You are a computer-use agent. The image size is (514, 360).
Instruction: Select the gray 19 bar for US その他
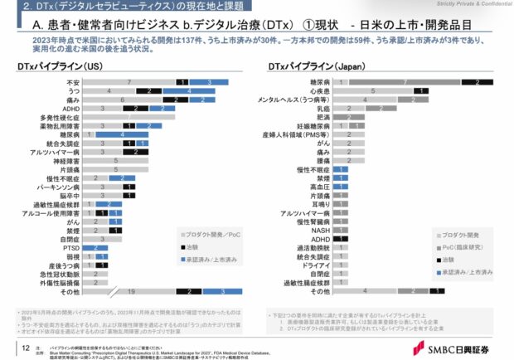130,292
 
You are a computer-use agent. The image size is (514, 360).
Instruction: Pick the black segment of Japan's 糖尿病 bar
478,83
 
